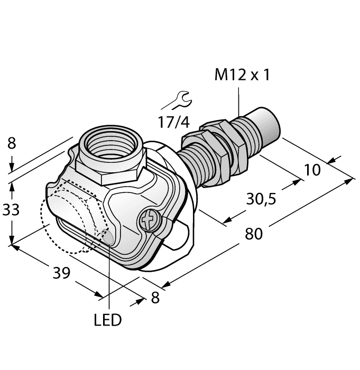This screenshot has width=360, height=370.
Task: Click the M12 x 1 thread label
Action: click(x=242, y=76)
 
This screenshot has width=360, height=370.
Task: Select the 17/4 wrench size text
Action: click(x=173, y=122)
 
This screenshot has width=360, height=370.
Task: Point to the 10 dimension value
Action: click(x=313, y=170)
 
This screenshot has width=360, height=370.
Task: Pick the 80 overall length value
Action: click(x=253, y=233)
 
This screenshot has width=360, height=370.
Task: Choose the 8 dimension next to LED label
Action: click(x=155, y=298)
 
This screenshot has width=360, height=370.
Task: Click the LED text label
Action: click(x=107, y=320)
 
